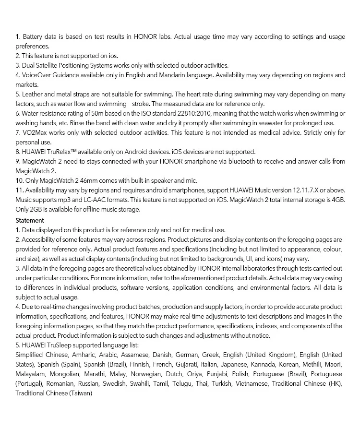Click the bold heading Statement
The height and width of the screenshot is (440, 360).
[30, 220]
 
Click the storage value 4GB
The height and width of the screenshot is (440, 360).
[338, 200]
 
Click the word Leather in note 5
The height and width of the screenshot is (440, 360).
[33, 94]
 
